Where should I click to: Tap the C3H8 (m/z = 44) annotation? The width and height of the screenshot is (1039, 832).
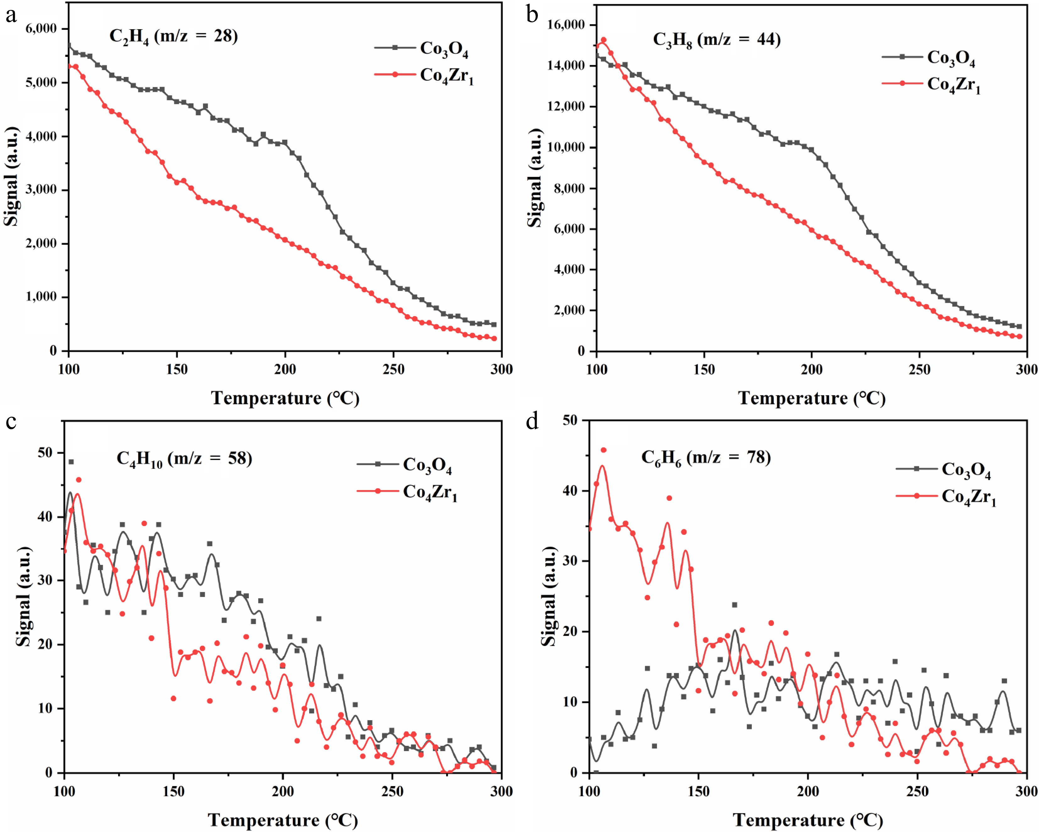coord(717,40)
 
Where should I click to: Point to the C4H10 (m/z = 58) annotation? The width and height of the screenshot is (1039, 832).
coord(184,458)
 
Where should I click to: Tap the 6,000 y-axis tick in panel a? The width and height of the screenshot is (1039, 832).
coord(41,29)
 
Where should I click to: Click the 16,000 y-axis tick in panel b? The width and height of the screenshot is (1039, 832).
coord(566,25)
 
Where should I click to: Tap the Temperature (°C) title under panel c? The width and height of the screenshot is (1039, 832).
coord(283,819)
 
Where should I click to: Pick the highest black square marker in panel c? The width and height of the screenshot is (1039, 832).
coord(71,462)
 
